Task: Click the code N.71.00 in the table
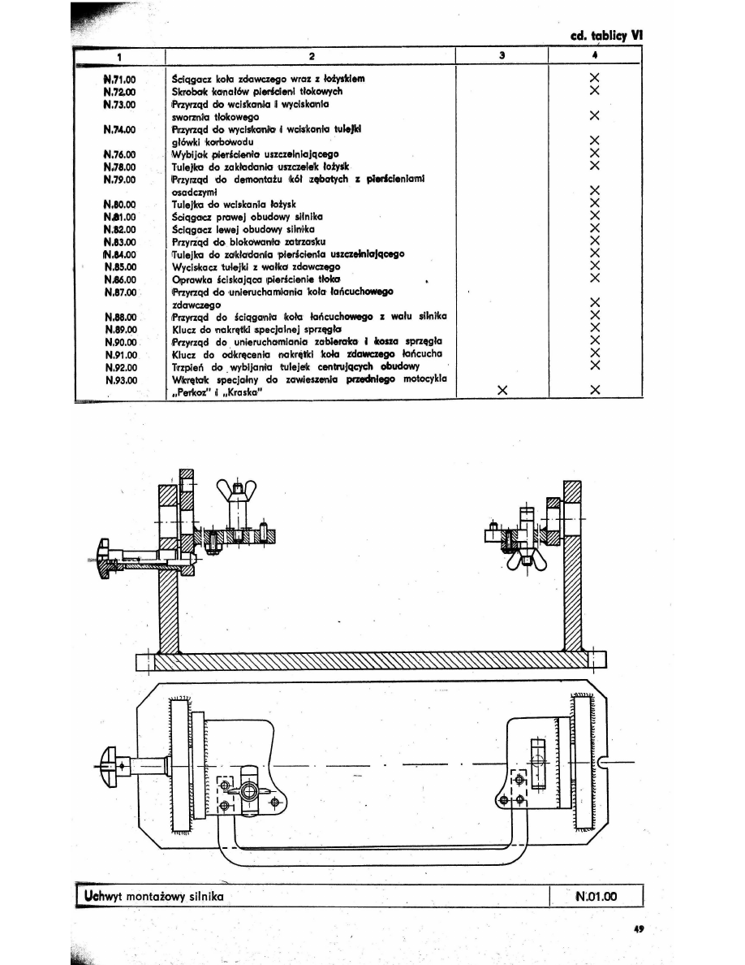click(x=119, y=79)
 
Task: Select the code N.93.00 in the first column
click(x=119, y=379)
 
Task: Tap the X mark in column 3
click(x=502, y=390)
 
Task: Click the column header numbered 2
click(x=312, y=56)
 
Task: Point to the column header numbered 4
click(x=595, y=56)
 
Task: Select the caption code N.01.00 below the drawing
click(x=596, y=897)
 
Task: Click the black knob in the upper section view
click(x=105, y=558)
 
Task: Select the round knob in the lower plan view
click(x=109, y=764)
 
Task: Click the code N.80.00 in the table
click(x=119, y=205)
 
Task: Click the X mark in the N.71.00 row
click(x=595, y=79)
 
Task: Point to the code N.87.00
click(x=119, y=291)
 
